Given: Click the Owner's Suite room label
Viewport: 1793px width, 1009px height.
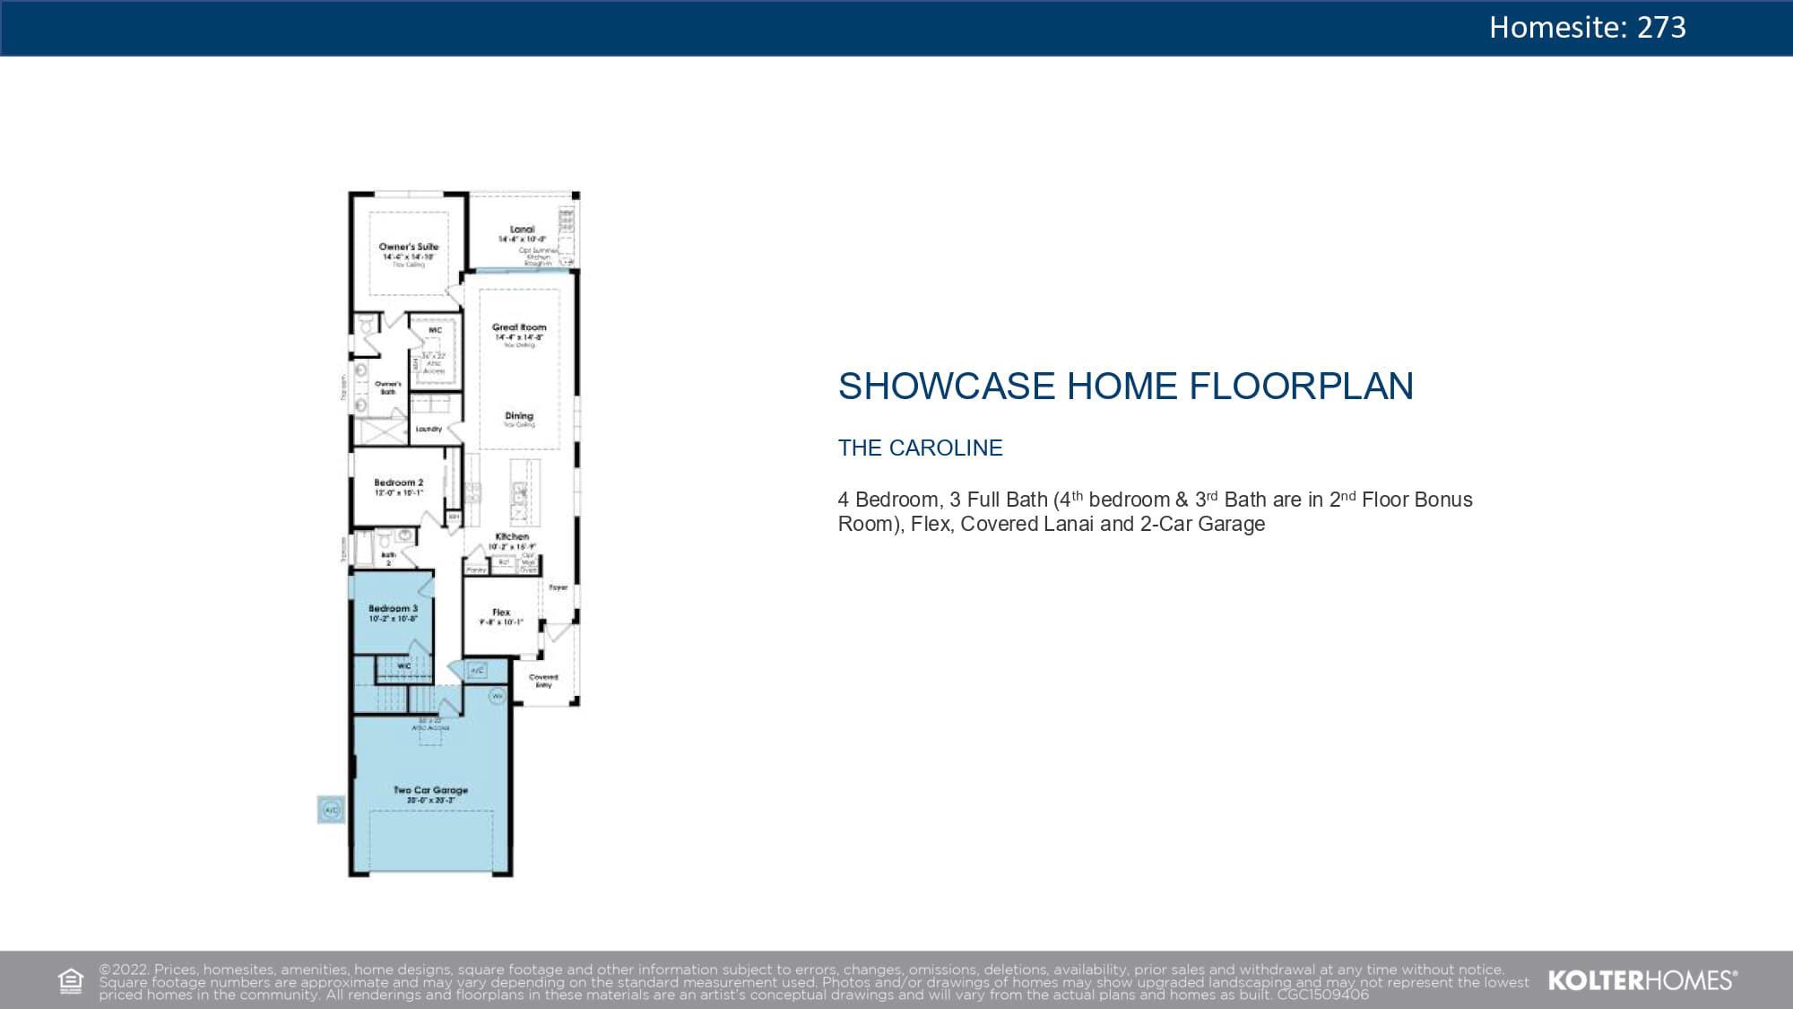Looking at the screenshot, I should click(409, 247).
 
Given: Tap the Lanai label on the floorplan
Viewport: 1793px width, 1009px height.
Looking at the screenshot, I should click(522, 230).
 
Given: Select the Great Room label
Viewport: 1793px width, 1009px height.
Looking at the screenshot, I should click(518, 327).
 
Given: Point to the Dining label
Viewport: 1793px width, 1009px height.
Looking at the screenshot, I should click(519, 415).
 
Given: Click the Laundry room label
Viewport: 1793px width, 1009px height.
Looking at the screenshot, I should click(429, 430).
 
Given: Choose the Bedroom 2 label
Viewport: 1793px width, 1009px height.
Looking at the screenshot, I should click(398, 483).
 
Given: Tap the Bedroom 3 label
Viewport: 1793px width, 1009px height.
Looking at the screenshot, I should click(393, 608).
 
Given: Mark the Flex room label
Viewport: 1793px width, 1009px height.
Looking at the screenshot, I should click(501, 612).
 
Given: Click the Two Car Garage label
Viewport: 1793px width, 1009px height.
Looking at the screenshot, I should click(430, 790).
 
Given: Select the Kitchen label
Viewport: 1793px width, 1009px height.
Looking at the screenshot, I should click(512, 536).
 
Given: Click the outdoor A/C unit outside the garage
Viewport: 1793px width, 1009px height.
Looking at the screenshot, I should click(331, 809).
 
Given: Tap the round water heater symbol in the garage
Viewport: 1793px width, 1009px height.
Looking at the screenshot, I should click(498, 695).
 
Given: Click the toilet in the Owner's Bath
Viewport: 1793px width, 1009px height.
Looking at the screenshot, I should click(366, 325).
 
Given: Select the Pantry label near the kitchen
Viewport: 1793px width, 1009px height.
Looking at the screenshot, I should click(476, 570).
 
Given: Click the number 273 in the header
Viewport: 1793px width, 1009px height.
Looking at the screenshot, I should click(1661, 28).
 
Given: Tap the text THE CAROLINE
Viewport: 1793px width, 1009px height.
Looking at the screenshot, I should click(920, 448).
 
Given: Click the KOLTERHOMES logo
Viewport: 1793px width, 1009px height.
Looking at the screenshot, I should click(1641, 980).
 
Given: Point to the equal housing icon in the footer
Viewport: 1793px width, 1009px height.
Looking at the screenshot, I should click(71, 981).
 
